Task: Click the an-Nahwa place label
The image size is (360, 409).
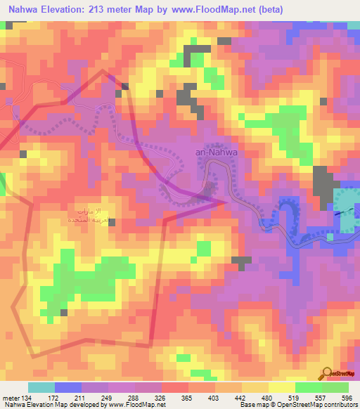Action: (x=219, y=150)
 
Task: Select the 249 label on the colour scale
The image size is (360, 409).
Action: (x=108, y=396)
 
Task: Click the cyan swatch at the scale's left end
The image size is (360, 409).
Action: (x=41, y=387)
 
